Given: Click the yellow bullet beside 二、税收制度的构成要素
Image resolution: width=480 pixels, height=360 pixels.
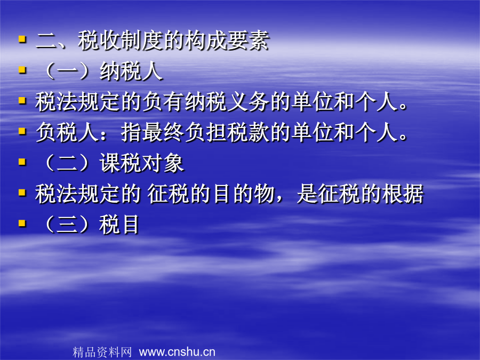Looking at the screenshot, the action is pos(22,39).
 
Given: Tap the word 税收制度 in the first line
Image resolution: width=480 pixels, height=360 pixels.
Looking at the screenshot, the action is pos(121,41).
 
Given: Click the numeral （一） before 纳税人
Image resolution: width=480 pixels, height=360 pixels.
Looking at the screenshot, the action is pos(67,71).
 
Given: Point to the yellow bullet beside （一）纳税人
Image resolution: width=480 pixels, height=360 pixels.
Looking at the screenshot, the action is pos(22,70).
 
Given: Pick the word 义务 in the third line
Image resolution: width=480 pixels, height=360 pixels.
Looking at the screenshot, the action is pos(248,102).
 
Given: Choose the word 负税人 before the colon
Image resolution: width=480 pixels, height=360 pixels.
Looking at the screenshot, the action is pos(67,133).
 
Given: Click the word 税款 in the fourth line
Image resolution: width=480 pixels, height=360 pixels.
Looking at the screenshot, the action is pos(248,133).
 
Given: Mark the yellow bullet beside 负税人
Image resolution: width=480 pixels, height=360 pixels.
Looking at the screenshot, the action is pos(22,131).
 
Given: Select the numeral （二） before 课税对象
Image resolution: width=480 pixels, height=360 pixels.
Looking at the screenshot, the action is pos(67,163).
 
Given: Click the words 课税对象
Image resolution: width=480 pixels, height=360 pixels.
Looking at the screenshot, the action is pos(141,163).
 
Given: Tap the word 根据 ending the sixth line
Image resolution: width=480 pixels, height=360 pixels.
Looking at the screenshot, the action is pos(403,194).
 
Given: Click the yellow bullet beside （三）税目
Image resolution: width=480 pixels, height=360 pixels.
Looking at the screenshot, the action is pos(22,223).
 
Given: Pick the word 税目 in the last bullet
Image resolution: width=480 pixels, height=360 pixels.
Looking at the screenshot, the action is pos(119,225).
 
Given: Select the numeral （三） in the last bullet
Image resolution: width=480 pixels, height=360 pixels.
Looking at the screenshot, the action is pos(67,225).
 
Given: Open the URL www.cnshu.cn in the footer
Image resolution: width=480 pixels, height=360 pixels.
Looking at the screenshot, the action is pos(177,352).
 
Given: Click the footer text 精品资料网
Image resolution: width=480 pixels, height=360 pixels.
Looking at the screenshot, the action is pos(102,352).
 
